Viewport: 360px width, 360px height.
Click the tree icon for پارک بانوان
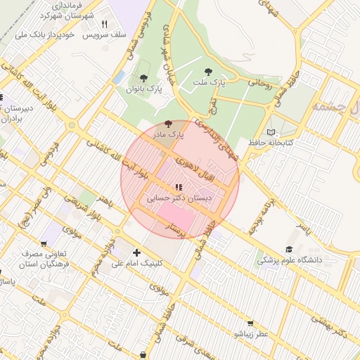(144, 78)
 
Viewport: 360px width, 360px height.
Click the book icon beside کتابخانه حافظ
(271, 132)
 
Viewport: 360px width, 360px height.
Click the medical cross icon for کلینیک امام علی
(136, 252)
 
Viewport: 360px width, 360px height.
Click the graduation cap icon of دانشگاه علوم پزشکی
(289, 249)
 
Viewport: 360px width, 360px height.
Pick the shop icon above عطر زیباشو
(250, 323)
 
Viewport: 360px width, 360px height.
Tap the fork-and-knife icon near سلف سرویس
(104, 23)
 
